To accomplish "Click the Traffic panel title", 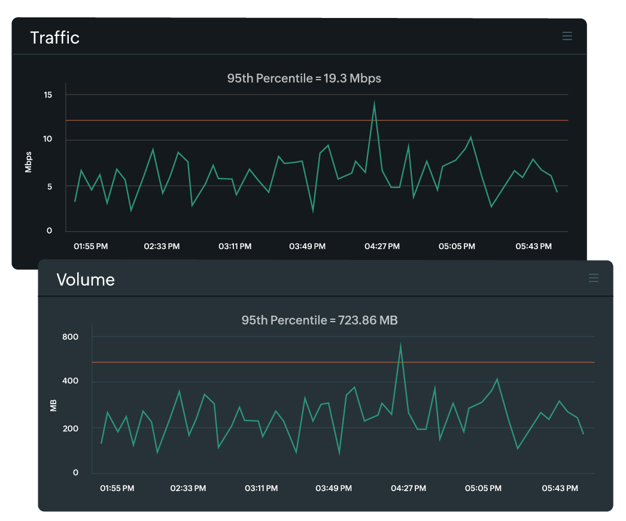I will [54, 37].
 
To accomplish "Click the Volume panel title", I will [86, 280].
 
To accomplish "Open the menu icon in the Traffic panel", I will [567, 37].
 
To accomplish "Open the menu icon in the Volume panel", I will [594, 278].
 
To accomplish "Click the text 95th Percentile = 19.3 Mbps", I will [304, 78].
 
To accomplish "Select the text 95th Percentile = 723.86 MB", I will [320, 320].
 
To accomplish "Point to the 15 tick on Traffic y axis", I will [48, 95].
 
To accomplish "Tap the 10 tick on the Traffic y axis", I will [48, 140].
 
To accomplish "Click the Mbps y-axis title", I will [28, 162].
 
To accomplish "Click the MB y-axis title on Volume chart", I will [54, 405].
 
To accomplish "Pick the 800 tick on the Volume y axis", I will [71, 337].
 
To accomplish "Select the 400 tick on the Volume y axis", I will [71, 381].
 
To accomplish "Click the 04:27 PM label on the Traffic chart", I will [382, 246].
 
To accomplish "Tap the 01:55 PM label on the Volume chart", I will [117, 488].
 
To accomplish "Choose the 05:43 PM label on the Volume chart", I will [560, 488].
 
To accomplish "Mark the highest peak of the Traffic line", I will [374, 102].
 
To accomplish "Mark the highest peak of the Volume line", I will [400, 344].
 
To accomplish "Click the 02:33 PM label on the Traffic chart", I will [162, 246].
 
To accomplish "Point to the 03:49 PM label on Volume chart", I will [333, 488].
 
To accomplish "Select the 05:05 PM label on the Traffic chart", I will [457, 246].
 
